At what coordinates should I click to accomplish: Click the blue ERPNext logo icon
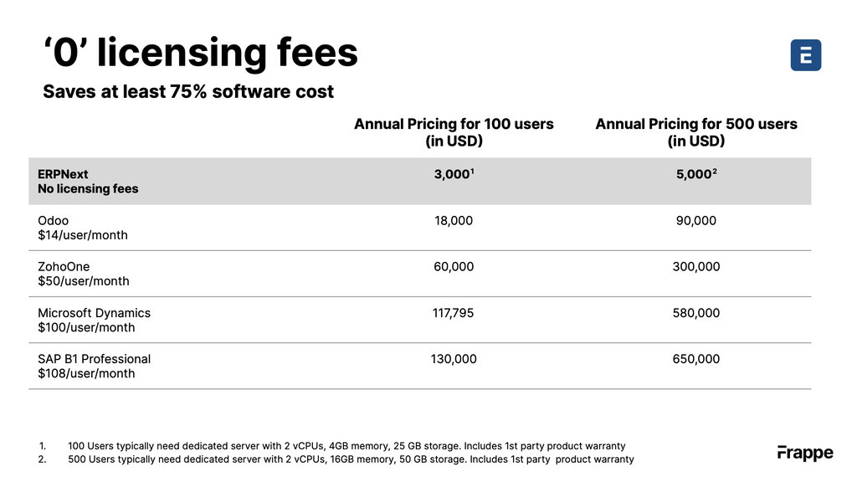[x=805, y=55]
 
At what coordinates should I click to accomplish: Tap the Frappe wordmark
[x=805, y=453]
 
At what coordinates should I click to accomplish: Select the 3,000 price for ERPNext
[x=453, y=174]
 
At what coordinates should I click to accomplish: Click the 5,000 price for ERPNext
[x=695, y=174]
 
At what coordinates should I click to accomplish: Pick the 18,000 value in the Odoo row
[x=454, y=221]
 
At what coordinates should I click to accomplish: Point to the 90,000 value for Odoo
[x=695, y=221]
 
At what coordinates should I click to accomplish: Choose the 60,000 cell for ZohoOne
[x=454, y=267]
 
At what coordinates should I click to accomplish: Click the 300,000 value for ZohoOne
[x=695, y=267]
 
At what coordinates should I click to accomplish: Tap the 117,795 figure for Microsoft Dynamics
[x=454, y=313]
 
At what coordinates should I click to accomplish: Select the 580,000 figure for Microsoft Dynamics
[x=695, y=313]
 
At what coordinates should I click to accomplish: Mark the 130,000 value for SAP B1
[x=454, y=359]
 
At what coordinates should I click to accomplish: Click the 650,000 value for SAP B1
[x=695, y=359]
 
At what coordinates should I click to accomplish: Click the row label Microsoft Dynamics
[x=94, y=313]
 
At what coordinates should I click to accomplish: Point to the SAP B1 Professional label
[x=94, y=359]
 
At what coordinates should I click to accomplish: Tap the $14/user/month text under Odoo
[x=83, y=235]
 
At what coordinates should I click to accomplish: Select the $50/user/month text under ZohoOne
[x=84, y=281]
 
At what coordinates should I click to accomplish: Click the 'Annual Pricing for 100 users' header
[x=454, y=124]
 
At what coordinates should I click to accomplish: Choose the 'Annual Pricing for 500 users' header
[x=695, y=124]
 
